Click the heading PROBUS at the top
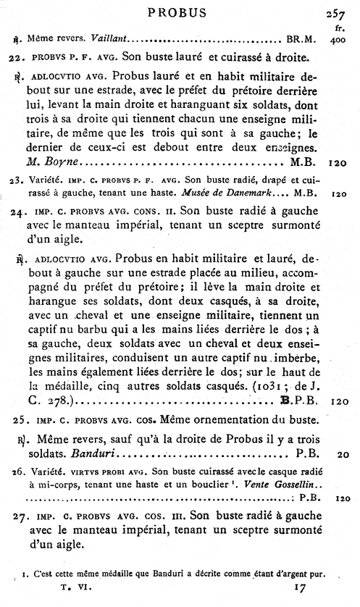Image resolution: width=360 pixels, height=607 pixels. (177, 12)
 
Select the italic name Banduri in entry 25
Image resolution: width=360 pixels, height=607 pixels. (93, 455)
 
